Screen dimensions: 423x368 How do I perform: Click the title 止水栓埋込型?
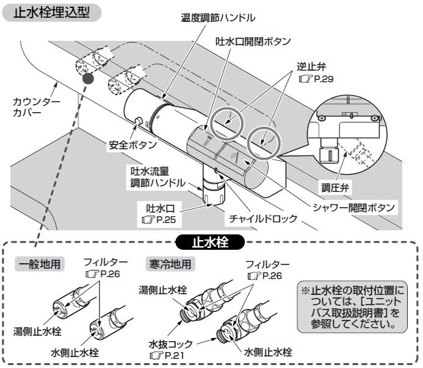tap(51, 13)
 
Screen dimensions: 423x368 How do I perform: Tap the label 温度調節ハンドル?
tap(218, 18)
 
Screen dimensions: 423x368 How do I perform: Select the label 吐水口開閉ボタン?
tap(253, 41)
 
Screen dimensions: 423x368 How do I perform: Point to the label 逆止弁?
tap(311, 66)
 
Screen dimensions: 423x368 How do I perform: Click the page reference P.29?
tap(324, 79)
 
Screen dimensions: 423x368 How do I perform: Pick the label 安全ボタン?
tap(133, 145)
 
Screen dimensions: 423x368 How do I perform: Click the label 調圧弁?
tap(335, 188)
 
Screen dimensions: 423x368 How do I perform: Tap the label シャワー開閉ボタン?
tap(354, 208)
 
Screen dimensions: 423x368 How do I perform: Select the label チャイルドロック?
tap(263, 218)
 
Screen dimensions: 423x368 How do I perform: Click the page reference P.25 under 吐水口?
tap(166, 220)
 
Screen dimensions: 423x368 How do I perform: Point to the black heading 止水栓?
tap(210, 242)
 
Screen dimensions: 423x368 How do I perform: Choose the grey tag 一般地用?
tap(40, 264)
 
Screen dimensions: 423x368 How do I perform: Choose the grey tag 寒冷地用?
tap(170, 264)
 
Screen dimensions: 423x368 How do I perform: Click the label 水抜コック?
tap(171, 344)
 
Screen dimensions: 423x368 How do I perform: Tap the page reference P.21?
tap(175, 355)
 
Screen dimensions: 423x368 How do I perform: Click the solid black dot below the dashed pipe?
tap(88, 79)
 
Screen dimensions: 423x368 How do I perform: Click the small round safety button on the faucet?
tap(139, 120)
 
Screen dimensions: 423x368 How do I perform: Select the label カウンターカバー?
tap(37, 107)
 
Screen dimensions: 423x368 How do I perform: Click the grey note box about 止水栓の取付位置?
tap(352, 307)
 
